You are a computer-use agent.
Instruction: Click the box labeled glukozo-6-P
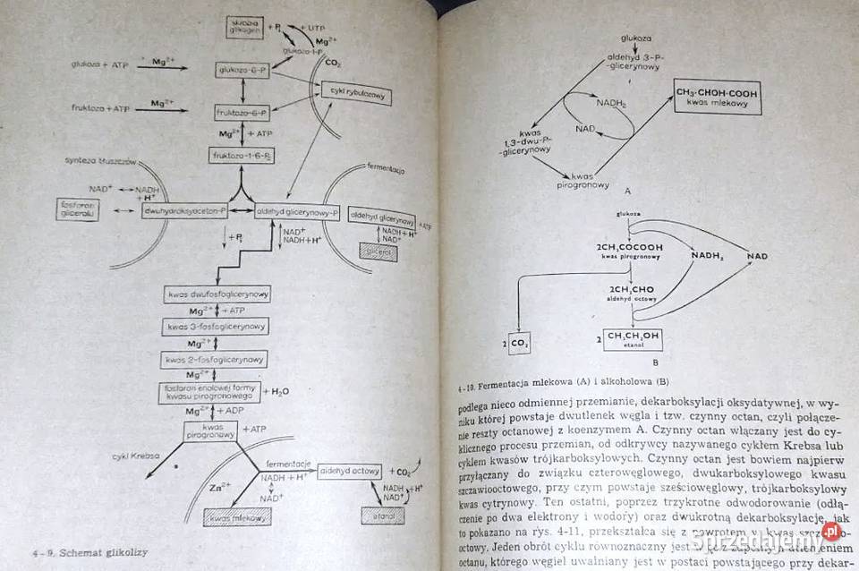click(242, 69)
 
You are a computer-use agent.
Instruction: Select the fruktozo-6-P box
click(242, 112)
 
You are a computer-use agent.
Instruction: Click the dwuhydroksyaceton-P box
click(184, 210)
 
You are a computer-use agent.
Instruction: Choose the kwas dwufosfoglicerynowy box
click(218, 294)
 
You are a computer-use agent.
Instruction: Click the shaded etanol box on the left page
click(381, 515)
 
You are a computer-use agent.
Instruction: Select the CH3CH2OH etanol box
click(633, 339)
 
